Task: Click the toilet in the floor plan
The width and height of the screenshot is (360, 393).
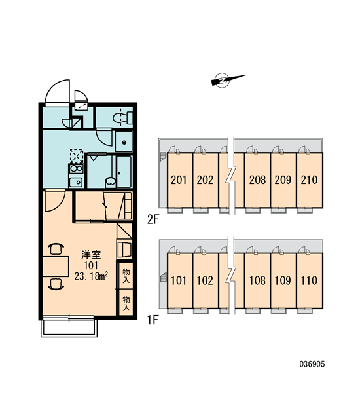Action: [122, 117]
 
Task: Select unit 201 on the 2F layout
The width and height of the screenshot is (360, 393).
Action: [180, 180]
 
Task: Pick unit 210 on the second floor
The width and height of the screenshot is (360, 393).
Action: [310, 180]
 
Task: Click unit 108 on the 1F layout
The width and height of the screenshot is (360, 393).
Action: [257, 280]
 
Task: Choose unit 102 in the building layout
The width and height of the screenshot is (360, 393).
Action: [206, 280]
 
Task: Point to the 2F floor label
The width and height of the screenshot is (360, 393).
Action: [153, 220]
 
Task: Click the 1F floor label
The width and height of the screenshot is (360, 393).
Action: [153, 320]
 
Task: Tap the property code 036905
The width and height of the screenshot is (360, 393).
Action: [312, 364]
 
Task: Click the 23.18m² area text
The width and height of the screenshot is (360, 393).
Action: [91, 276]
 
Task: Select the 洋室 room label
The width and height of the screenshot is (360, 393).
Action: [91, 255]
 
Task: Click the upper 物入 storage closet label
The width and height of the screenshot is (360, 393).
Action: [126, 276]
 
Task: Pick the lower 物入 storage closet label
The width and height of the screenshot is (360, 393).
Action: [126, 303]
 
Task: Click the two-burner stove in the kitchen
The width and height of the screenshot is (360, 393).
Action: [76, 168]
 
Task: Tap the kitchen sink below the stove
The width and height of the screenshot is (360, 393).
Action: [76, 182]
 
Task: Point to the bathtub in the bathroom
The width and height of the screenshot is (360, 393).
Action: [124, 172]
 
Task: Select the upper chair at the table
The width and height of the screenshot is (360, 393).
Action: [56, 249]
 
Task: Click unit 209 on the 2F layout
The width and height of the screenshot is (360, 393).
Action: [283, 180]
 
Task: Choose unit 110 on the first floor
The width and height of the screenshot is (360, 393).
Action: [310, 280]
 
